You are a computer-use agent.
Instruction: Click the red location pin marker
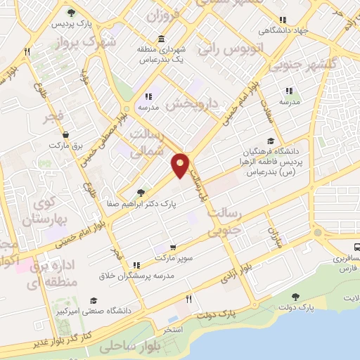181,165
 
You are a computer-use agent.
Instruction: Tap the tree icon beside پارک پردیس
71,13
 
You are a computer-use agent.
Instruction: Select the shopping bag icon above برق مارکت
65,134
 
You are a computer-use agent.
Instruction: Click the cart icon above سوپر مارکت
172,247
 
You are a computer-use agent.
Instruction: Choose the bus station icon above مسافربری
357,247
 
